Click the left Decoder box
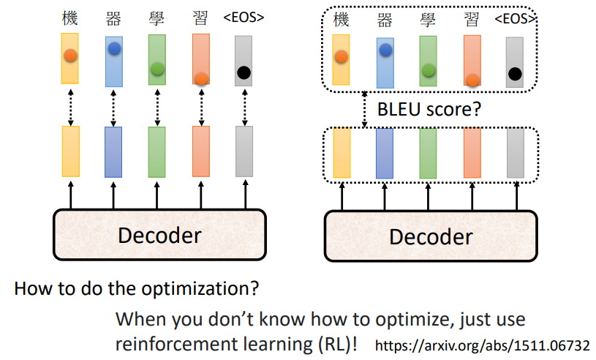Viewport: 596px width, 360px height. click(159, 236)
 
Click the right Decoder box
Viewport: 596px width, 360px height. click(430, 236)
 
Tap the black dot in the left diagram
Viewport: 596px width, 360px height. click(244, 72)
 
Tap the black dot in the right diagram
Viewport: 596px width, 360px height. click(515, 73)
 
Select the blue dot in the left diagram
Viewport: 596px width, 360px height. click(114, 49)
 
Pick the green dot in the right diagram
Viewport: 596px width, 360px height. click(429, 70)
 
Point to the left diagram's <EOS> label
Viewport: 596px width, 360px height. click(243, 16)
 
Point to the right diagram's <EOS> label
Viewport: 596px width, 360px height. click(515, 18)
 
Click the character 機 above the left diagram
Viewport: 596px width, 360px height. click(69, 16)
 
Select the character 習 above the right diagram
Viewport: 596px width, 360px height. click(472, 18)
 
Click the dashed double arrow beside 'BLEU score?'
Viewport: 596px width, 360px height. click(364, 110)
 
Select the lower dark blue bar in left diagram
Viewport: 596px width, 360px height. click(113, 151)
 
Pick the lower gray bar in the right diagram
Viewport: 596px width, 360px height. click(516, 152)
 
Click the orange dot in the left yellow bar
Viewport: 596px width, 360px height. click(70, 55)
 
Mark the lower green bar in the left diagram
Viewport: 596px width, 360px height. click(156, 151)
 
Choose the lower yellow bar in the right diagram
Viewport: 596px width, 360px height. click(342, 152)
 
